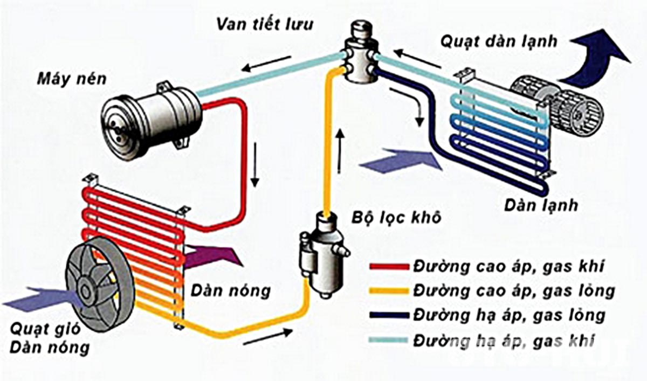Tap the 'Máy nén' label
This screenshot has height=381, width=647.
(72, 79)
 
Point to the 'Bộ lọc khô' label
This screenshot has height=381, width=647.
(396, 218)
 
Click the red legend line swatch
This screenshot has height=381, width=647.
(389, 267)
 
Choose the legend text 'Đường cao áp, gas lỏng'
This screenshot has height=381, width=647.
(514, 291)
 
